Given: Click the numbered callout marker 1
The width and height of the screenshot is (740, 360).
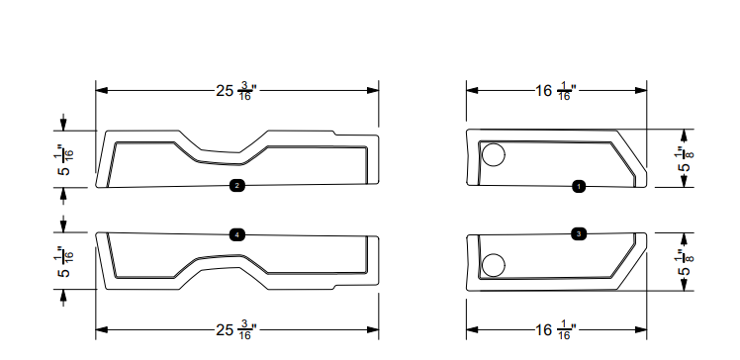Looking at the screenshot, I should coord(579,185).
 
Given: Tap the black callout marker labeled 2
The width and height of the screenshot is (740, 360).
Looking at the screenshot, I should coord(237,185).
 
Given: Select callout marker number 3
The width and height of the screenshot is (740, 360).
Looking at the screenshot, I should coord(579,233).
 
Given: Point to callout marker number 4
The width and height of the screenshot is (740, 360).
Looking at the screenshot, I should coord(237,234).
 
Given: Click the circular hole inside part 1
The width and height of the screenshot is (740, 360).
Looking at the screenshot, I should coord(492,154).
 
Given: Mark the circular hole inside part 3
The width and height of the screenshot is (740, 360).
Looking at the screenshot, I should coord(492,265).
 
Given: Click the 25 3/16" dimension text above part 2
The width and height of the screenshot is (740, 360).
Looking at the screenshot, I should coord(237,92).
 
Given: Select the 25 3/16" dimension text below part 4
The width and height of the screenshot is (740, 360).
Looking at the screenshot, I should coord(237,330).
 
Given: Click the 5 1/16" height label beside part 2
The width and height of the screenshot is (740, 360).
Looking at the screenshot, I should coord(64,158).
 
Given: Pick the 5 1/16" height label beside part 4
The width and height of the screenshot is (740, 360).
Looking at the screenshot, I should coord(64,261).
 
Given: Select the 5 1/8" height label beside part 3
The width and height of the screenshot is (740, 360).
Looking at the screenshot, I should coord(682,261).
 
